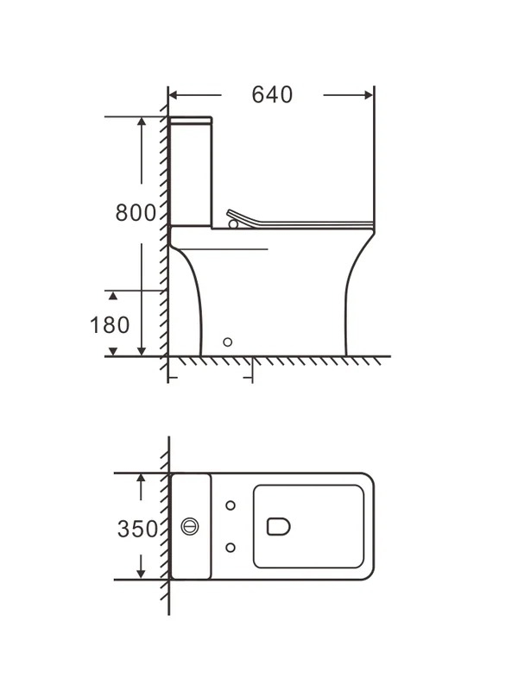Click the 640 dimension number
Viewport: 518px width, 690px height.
tap(272, 95)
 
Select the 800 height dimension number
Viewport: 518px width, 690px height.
tap(136, 212)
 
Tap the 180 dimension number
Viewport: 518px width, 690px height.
tap(110, 325)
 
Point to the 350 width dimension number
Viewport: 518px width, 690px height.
tap(137, 529)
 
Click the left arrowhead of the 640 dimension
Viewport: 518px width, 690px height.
tap(174, 95)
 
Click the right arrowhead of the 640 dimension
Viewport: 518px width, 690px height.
tap(370, 95)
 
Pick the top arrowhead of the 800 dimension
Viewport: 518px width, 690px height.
tap(142, 122)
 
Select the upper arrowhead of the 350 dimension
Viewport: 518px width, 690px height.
tap(141, 479)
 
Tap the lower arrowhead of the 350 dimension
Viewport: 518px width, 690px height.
tap(141, 574)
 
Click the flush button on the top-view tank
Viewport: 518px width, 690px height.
tap(190, 526)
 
